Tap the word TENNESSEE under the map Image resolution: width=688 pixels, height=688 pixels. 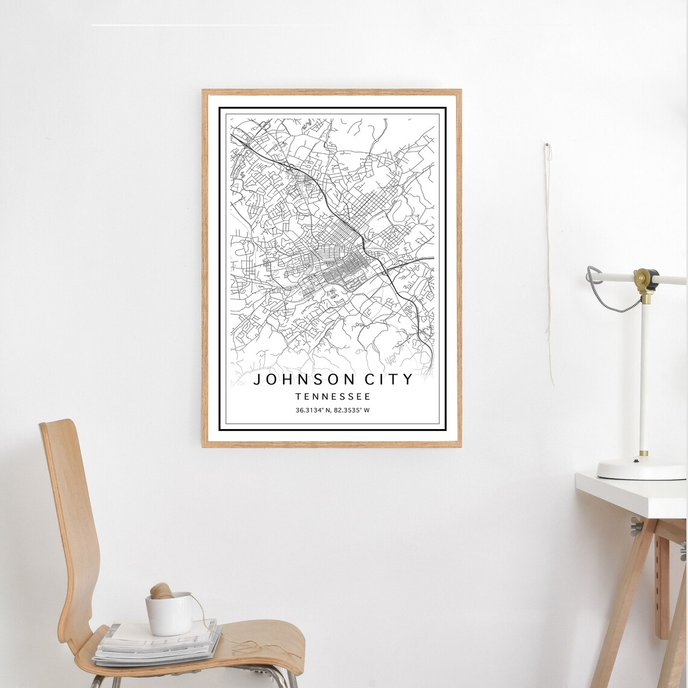[x=333, y=397]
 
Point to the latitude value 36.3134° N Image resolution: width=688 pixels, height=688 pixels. [x=313, y=410]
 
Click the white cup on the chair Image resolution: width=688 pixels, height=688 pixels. [x=169, y=614]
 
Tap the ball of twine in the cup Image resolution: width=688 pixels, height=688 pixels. [x=161, y=591]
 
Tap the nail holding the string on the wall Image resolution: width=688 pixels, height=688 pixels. [x=547, y=146]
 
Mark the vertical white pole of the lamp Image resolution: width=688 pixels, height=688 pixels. [x=644, y=374]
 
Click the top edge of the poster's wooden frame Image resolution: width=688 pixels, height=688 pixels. [x=331, y=92]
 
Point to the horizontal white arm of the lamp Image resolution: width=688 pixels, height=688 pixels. [x=670, y=279]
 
